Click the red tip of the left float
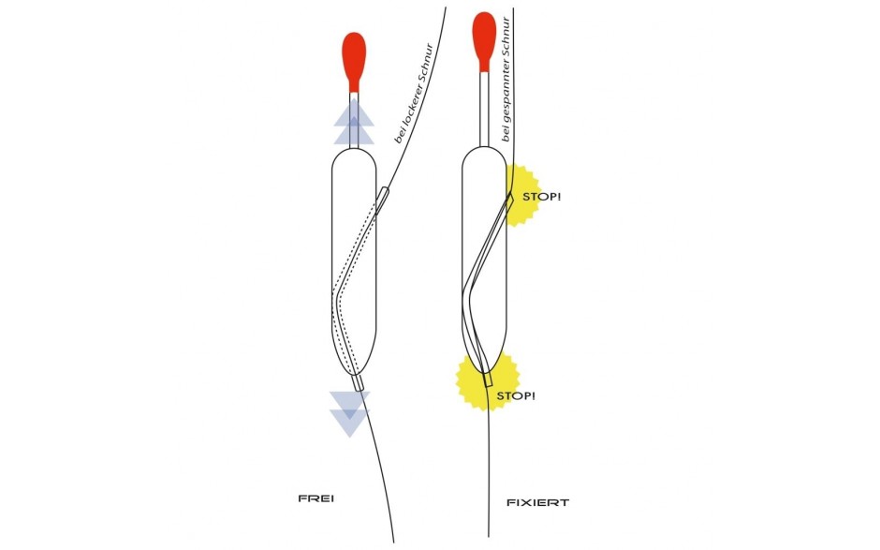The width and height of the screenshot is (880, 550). [x=354, y=56]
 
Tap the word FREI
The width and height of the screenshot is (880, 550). [x=315, y=498]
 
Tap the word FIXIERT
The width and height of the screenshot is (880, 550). [x=537, y=502]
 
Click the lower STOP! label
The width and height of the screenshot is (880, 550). [x=518, y=396]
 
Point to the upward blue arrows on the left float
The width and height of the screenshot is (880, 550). [x=354, y=122]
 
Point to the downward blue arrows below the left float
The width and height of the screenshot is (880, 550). [x=349, y=412]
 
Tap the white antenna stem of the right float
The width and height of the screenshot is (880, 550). [x=484, y=108]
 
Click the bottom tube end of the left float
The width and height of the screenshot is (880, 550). [x=359, y=382]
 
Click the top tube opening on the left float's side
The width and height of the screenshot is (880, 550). [x=384, y=194]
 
